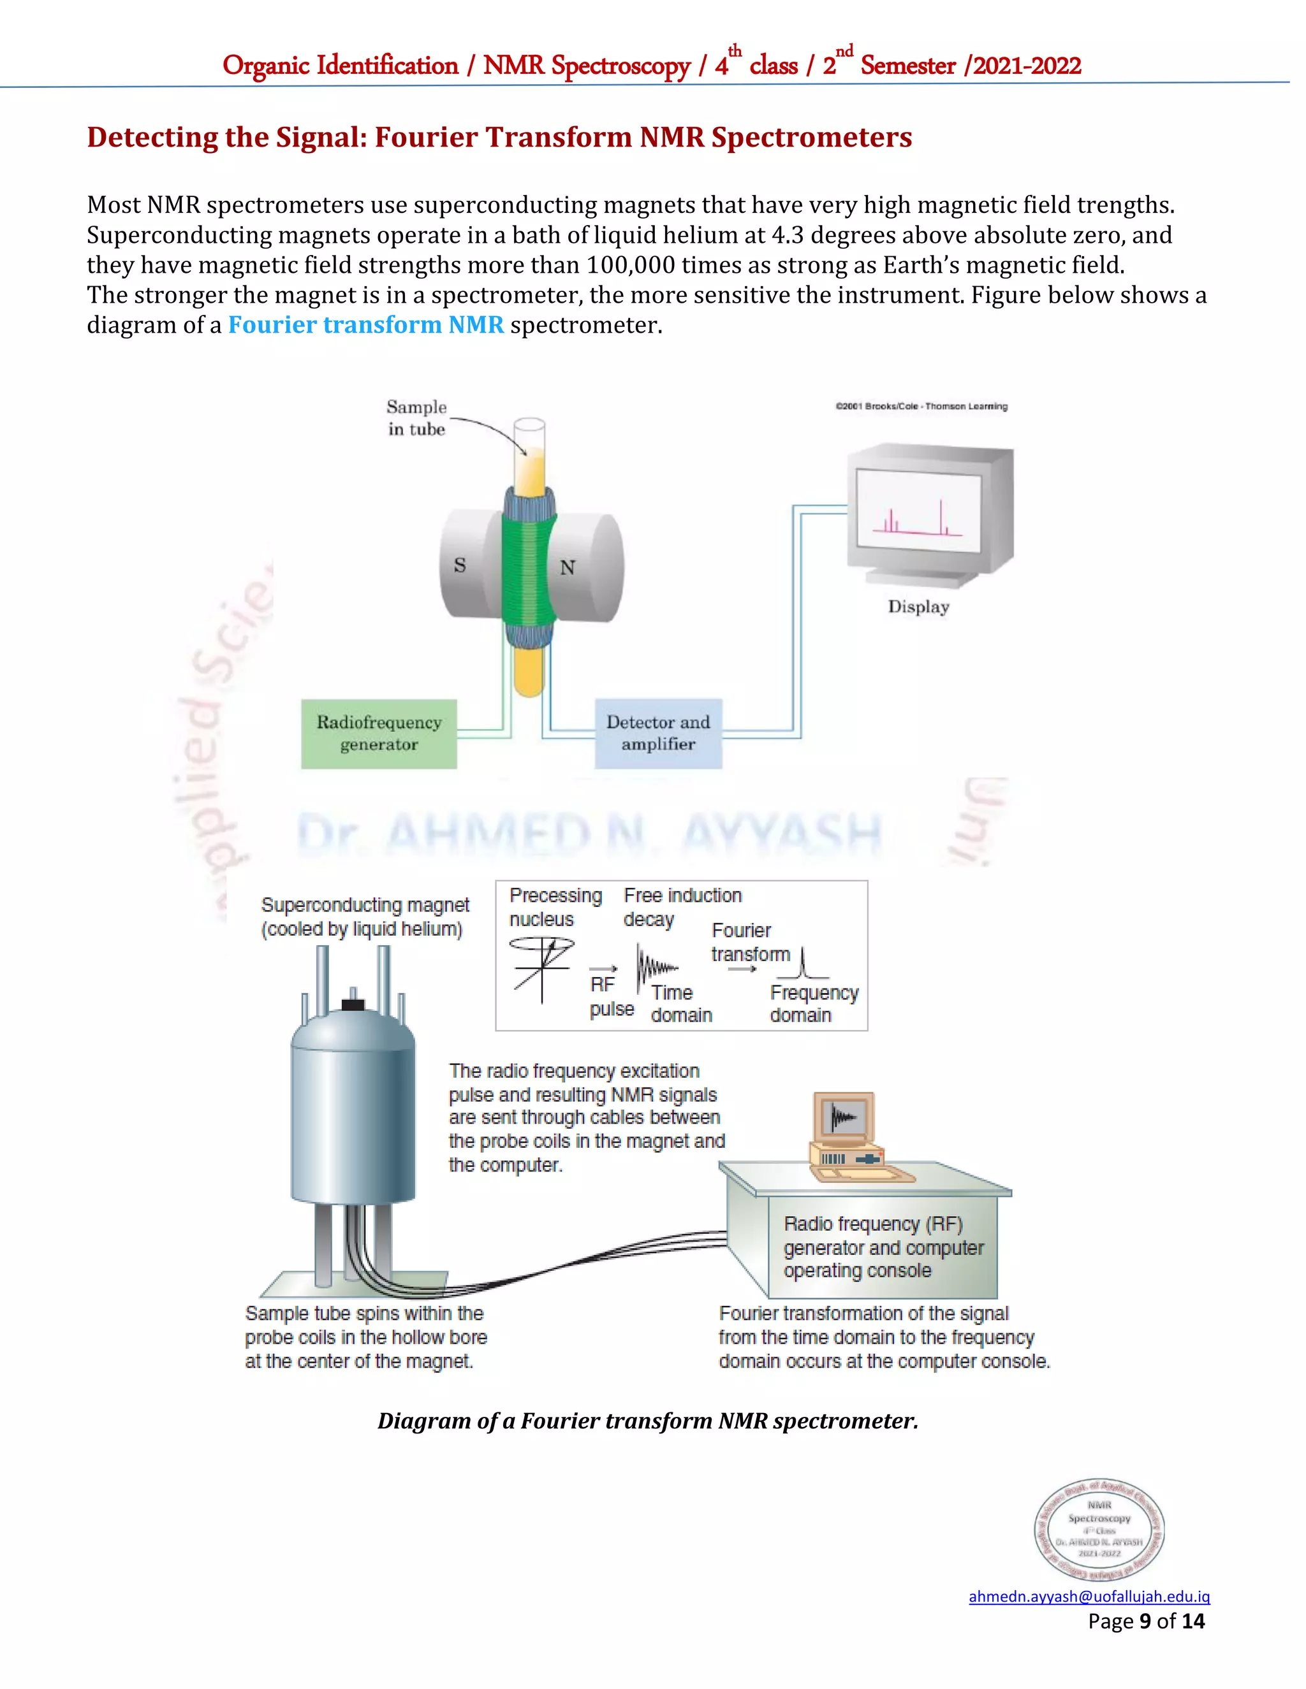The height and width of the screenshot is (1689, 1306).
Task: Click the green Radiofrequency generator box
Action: click(x=378, y=733)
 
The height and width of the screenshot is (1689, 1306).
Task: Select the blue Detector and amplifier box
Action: click(x=657, y=733)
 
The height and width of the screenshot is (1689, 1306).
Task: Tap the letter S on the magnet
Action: click(x=460, y=565)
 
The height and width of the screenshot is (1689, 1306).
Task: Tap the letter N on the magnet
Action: click(x=567, y=568)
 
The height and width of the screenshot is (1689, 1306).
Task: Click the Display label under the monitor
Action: click(x=918, y=606)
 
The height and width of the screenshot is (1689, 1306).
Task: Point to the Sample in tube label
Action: click(x=416, y=417)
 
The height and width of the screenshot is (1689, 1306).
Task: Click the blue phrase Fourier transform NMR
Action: click(x=365, y=325)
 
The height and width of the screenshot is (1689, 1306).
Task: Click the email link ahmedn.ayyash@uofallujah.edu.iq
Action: click(x=1089, y=1596)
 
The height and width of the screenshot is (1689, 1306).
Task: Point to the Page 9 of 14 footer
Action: click(x=1146, y=1621)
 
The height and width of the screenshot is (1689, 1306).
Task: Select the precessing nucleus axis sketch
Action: click(x=543, y=968)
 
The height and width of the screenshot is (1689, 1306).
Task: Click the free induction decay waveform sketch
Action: click(x=654, y=967)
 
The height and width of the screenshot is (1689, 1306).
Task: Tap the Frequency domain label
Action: click(x=813, y=1004)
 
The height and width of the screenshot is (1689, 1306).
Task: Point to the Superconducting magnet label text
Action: click(x=364, y=917)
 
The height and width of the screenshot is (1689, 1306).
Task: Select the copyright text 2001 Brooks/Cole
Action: click(x=921, y=406)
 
